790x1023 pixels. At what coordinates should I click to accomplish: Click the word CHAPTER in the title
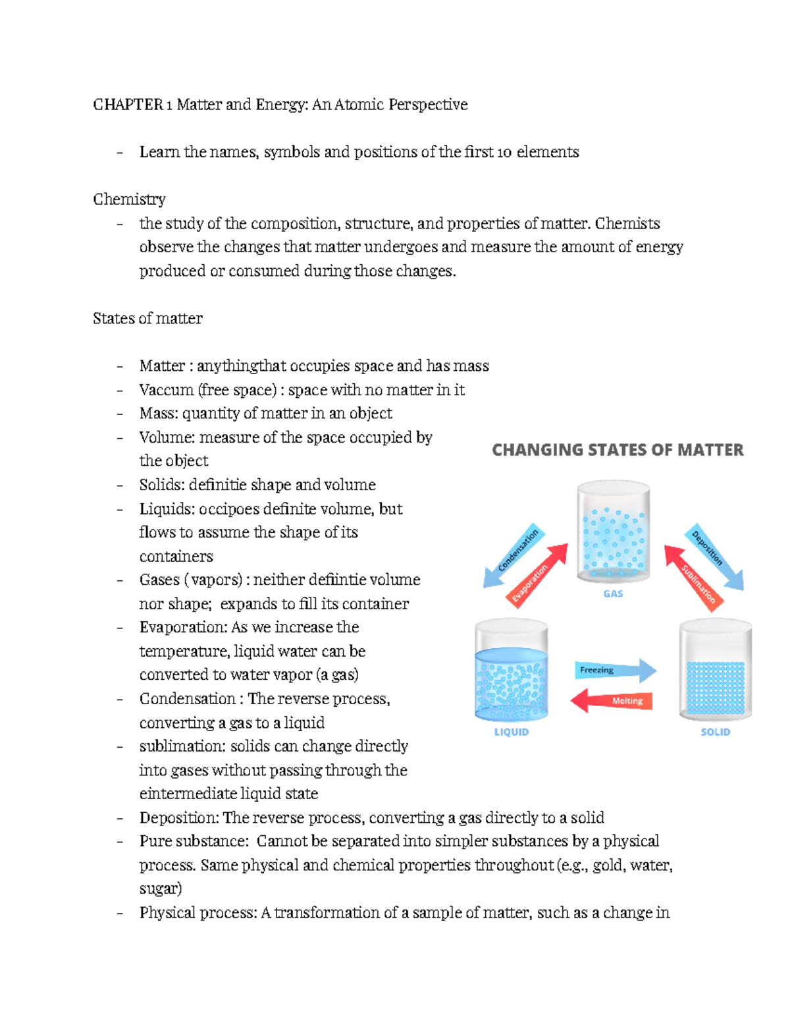pyautogui.click(x=128, y=105)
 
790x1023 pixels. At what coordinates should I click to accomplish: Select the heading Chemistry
pyautogui.click(x=129, y=200)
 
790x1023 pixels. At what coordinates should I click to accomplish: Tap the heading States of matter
pyautogui.click(x=147, y=319)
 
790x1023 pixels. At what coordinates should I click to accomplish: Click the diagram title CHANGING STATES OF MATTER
pyautogui.click(x=618, y=450)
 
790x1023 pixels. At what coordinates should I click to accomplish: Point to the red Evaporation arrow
pyautogui.click(x=539, y=574)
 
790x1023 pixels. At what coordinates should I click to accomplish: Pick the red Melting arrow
pyautogui.click(x=612, y=701)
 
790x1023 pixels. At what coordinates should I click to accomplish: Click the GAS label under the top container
pyautogui.click(x=613, y=594)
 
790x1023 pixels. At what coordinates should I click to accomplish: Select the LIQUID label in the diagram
pyautogui.click(x=511, y=732)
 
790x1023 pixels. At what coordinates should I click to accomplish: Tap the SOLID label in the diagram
pyautogui.click(x=715, y=732)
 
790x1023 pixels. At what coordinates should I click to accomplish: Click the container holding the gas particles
pyautogui.click(x=613, y=532)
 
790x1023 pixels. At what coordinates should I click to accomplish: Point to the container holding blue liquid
pyautogui.click(x=511, y=672)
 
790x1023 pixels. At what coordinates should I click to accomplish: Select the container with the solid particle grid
pyautogui.click(x=715, y=672)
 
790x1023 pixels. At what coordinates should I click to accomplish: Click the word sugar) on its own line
pyautogui.click(x=161, y=889)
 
